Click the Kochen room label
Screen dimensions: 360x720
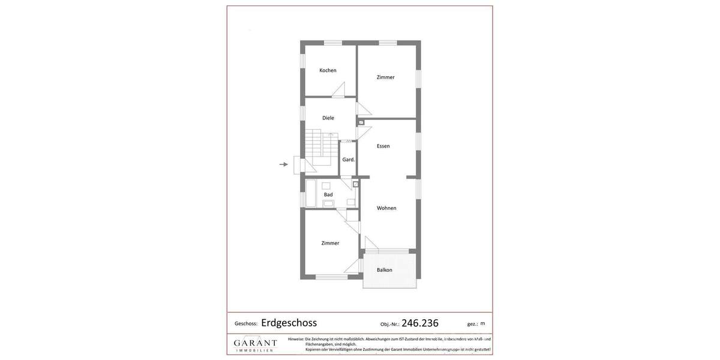pos(328,70)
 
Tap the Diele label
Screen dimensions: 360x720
pos(328,118)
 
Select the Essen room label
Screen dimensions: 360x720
pos(383,146)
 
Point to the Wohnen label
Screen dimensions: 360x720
pos(386,208)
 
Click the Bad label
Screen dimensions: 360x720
pos(328,194)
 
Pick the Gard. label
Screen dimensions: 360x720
pos(349,160)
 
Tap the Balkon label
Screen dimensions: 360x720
pos(385,270)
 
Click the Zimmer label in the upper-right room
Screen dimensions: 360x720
pos(386,77)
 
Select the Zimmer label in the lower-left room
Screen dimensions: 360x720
pos(330,243)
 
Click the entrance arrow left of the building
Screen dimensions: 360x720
pos(284,164)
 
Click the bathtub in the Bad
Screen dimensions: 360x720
pos(311,193)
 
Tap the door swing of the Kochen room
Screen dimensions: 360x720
pos(339,90)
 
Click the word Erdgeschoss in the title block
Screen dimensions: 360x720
pos(289,323)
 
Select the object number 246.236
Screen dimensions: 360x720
pos(420,323)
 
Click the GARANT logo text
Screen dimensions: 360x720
pos(255,343)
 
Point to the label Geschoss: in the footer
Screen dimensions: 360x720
pos(246,324)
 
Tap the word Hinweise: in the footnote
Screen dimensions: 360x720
pos(296,339)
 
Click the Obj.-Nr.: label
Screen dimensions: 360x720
pos(389,325)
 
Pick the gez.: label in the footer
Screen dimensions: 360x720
pos(473,324)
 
